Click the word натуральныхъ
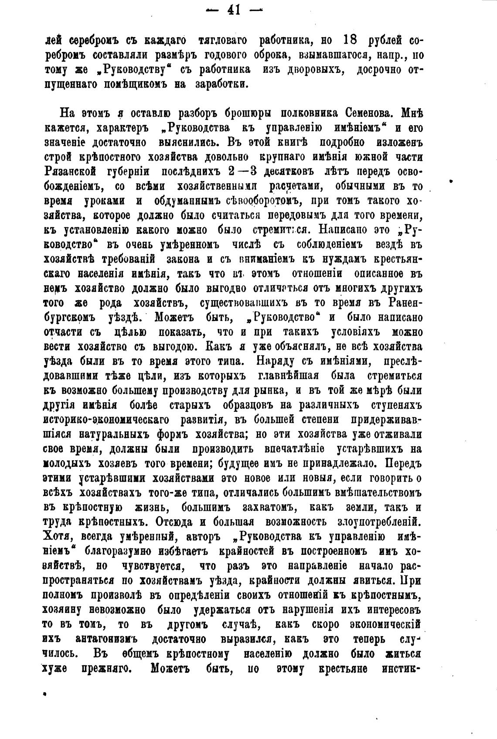click(115, 435)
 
